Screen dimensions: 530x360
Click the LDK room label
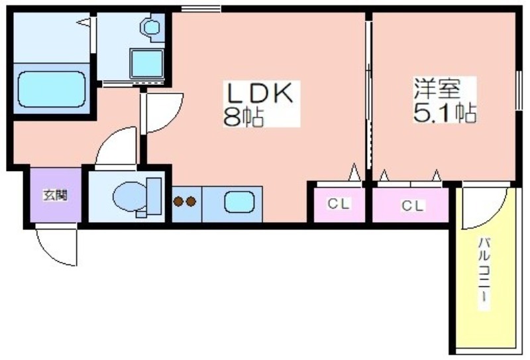coord(260,93)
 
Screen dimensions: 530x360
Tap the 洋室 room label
coord(437,88)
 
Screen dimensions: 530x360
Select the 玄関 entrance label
coord(55,195)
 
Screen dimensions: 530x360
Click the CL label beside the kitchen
coord(339,204)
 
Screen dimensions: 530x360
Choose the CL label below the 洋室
coord(412,206)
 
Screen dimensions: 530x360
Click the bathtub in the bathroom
coord(52,90)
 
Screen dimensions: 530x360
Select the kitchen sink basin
coord(239,202)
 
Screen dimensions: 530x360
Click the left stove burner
coord(178,202)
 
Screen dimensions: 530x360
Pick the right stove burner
coord(191,202)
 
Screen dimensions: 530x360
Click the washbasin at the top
coord(152,27)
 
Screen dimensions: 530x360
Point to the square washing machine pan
coord(147,64)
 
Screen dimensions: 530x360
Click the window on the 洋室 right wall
coord(519,90)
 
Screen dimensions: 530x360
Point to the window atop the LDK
coord(201,9)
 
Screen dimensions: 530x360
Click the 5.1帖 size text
coord(445,112)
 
